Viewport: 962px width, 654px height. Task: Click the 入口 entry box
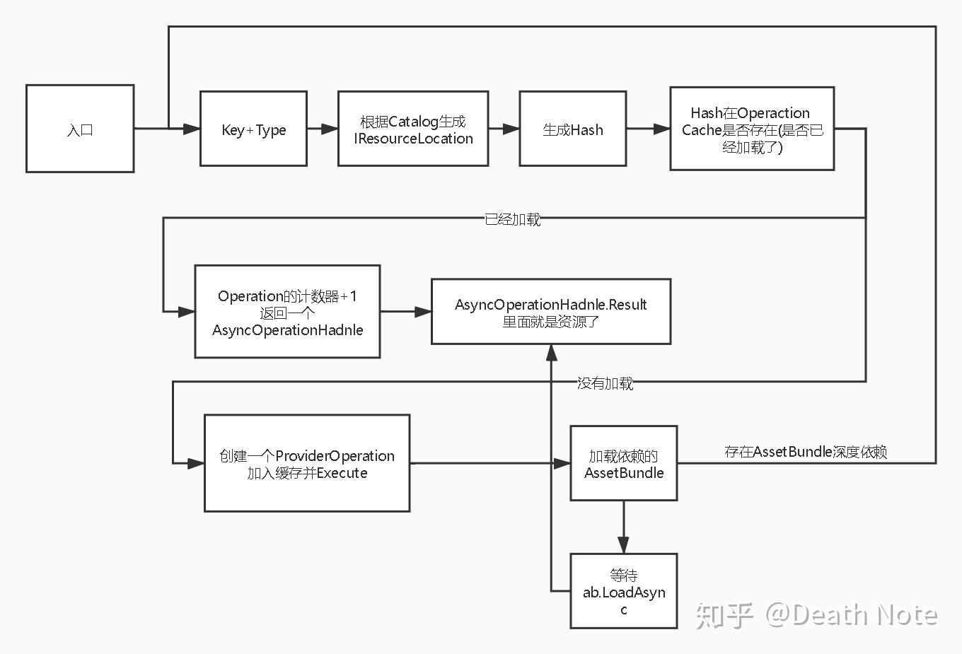[80, 129]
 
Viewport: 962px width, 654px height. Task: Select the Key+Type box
[253, 129]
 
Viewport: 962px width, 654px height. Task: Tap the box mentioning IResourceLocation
[413, 129]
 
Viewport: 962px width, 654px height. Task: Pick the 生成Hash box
[572, 129]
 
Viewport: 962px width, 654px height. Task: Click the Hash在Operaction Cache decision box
[751, 129]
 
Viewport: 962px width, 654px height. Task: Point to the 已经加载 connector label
[512, 220]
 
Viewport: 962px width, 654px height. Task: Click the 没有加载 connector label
[605, 383]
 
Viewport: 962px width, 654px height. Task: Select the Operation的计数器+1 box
[287, 312]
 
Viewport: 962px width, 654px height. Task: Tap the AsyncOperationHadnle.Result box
[550, 312]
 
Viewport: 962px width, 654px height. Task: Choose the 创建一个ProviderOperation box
[306, 463]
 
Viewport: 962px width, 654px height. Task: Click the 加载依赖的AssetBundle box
[623, 464]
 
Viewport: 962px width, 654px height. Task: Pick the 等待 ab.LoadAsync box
[623, 592]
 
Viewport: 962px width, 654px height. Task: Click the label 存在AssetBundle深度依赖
[805, 452]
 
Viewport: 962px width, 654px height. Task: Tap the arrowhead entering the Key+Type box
[192, 129]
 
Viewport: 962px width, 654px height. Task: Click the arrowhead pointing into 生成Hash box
[511, 129]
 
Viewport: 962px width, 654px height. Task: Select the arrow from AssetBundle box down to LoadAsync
[623, 527]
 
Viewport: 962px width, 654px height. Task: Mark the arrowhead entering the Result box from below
[551, 352]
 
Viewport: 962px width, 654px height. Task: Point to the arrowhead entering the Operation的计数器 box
[187, 311]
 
